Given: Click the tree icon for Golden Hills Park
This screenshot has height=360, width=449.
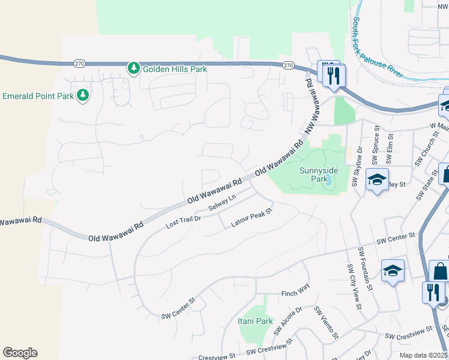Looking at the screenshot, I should point(133,68).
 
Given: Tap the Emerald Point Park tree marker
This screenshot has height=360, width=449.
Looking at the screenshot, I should point(83,95).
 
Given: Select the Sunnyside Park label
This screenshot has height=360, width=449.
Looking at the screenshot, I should point(318,175).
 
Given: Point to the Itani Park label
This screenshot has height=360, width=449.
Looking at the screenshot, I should point(255,321).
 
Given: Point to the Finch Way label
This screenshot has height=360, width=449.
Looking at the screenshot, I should point(295,293).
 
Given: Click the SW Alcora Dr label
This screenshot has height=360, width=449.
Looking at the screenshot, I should point(286,322).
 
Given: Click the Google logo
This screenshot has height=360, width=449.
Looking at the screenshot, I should point(20,353).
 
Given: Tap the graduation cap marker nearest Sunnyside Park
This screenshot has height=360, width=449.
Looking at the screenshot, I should point(377,181).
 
